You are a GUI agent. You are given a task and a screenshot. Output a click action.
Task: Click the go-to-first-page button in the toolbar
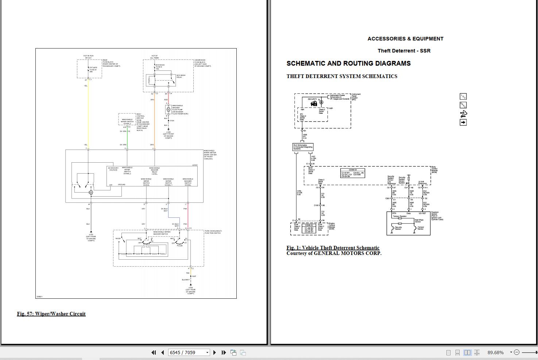154,352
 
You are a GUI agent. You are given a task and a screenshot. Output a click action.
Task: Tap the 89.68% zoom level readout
495,352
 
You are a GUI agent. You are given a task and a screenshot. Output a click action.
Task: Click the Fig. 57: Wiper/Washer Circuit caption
51,314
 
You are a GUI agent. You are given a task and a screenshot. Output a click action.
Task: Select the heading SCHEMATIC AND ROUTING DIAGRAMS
348,63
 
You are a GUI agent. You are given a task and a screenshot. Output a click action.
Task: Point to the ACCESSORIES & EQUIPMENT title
405,39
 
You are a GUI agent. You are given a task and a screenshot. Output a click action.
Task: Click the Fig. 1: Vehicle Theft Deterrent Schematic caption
333,248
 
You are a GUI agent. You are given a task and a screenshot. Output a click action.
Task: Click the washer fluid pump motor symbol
168,109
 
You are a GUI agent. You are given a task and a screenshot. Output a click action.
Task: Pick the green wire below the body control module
127,139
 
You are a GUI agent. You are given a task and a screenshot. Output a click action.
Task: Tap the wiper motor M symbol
91,192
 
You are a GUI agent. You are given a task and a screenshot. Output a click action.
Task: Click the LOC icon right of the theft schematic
463,96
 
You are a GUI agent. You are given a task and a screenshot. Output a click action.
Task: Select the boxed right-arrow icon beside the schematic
463,123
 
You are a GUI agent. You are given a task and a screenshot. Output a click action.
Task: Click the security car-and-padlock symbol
314,104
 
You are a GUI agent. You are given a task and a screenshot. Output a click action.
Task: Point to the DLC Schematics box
303,147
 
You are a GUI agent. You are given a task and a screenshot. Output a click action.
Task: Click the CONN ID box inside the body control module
352,173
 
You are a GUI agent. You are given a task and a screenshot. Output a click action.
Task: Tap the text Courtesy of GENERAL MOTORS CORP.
334,253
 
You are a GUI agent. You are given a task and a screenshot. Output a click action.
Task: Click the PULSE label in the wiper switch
180,246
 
